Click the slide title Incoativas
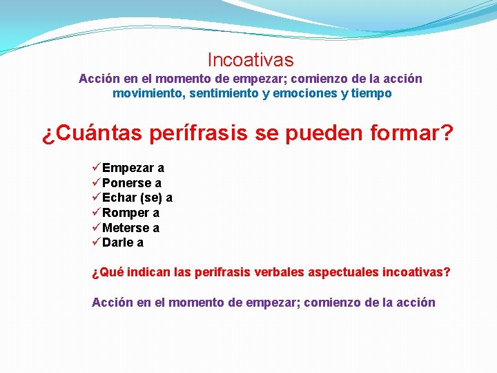(x=250, y=61)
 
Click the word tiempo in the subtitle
(x=371, y=93)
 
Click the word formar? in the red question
(x=411, y=133)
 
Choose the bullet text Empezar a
(x=133, y=168)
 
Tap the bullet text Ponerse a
(x=132, y=183)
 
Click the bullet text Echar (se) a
(x=137, y=198)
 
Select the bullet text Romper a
(x=131, y=213)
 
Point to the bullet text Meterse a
(x=131, y=228)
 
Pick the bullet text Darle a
(x=123, y=242)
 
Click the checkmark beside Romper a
(x=96, y=213)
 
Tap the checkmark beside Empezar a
(x=96, y=168)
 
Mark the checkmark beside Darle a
(x=96, y=242)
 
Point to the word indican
(x=146, y=272)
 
